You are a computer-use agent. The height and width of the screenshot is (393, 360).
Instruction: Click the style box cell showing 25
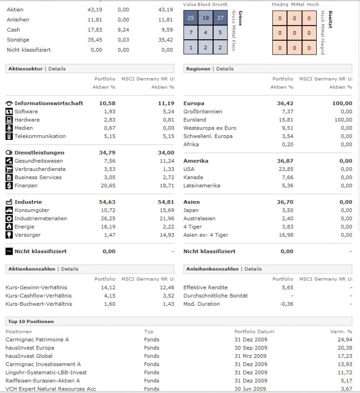point(191,18)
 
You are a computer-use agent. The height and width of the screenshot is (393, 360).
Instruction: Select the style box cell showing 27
point(220,18)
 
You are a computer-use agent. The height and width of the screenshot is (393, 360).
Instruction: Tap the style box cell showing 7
point(191,33)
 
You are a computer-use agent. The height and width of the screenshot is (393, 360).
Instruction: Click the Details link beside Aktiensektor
point(57,69)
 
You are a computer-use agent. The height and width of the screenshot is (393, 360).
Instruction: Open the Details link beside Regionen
point(225,69)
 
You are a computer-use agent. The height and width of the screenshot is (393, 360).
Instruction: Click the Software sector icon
point(9,112)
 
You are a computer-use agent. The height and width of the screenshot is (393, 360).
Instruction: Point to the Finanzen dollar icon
point(9,186)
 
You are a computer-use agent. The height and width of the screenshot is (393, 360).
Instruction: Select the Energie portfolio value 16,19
point(107,227)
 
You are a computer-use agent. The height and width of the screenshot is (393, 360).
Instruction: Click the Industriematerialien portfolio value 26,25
point(107,218)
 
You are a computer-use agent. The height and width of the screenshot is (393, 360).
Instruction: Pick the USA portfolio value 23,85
point(285,169)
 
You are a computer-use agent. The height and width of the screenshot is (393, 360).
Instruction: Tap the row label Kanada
point(192,177)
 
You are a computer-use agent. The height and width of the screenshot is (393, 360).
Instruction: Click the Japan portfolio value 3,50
point(287,210)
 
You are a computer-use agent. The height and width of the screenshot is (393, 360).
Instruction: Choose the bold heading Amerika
point(196,161)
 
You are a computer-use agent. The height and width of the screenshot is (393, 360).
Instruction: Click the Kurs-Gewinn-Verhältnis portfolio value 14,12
point(107,287)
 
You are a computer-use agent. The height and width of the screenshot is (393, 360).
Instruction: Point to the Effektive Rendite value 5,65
point(287,287)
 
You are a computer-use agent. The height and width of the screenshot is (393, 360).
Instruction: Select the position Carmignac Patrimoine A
point(37,339)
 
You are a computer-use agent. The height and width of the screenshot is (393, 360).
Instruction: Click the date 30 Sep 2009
point(250,348)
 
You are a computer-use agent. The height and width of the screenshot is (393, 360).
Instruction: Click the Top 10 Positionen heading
point(31,322)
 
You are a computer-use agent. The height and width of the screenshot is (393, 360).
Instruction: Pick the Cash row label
point(13,30)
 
